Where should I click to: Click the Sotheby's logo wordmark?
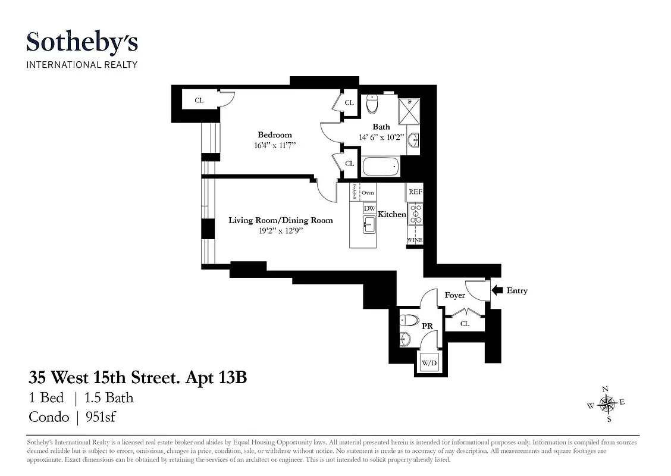point(82,43)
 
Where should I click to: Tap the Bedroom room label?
point(274,135)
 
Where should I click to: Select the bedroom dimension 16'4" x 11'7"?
point(274,145)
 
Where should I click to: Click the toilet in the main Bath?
point(373,105)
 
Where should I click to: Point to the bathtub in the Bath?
point(381,166)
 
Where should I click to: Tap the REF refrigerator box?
point(415,192)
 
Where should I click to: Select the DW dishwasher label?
point(369,208)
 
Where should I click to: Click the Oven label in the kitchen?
point(368,193)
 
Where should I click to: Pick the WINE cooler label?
point(415,240)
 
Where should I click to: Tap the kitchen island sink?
point(369,225)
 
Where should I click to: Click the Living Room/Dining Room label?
point(281,220)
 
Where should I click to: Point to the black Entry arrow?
point(497,290)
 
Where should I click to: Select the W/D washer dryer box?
point(428,362)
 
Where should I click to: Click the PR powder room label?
point(427,327)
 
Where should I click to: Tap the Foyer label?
point(455,295)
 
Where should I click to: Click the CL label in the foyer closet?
point(465,324)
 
